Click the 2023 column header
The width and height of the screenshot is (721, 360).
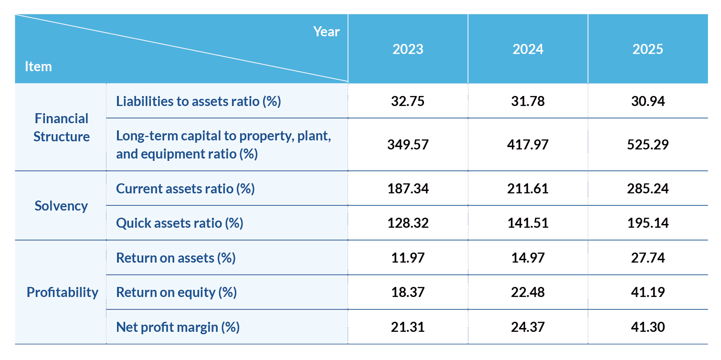click(408, 49)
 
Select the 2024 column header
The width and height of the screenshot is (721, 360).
click(528, 49)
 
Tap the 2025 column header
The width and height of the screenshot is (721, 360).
click(647, 49)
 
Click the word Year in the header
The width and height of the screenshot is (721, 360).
click(327, 32)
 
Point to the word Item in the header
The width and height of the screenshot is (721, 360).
click(38, 66)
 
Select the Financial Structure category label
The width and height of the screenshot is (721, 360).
click(62, 127)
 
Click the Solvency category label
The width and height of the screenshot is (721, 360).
click(61, 206)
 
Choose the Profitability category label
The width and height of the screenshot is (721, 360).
click(63, 292)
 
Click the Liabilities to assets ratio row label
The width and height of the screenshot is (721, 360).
click(198, 101)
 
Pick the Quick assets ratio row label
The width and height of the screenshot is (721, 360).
click(180, 223)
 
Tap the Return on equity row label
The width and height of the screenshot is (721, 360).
click(176, 292)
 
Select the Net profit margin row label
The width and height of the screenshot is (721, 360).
click(178, 327)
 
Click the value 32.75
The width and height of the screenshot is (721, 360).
click(408, 101)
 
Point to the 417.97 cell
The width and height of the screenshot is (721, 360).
click(528, 145)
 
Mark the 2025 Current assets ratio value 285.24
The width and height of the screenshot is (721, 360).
click(647, 189)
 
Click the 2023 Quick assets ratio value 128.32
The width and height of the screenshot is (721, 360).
click(408, 223)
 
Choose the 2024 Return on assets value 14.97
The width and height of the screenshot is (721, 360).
click(528, 258)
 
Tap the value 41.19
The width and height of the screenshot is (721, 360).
click(647, 292)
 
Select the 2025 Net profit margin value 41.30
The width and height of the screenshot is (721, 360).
click(647, 327)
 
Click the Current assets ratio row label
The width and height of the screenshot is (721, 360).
click(185, 189)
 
